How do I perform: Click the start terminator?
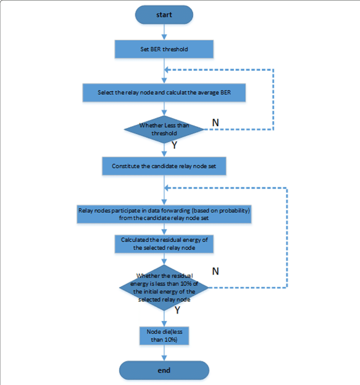[x=164, y=15]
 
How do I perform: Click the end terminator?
[x=164, y=370]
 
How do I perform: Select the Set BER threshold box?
[x=164, y=49]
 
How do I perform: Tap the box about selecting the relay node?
[x=164, y=93]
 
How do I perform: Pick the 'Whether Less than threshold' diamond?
[x=164, y=129]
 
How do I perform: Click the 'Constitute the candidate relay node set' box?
[x=164, y=166]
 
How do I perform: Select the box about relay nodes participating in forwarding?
[x=164, y=214]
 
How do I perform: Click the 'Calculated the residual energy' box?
[x=164, y=244]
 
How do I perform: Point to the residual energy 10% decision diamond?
[x=164, y=287]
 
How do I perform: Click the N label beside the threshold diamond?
[x=215, y=122]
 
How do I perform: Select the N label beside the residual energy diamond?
[x=215, y=271]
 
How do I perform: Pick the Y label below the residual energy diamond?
[x=178, y=310]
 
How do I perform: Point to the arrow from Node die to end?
[x=164, y=353]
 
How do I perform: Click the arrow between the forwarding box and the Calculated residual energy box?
[x=164, y=229]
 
